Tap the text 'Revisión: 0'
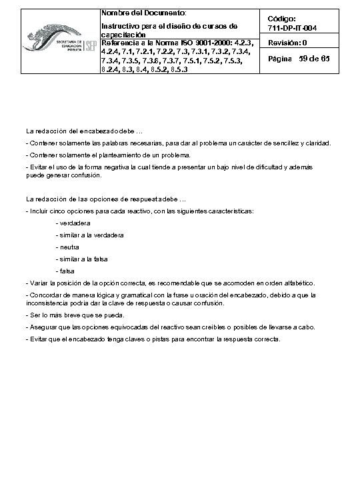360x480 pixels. point(287,43)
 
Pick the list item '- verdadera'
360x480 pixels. point(74,223)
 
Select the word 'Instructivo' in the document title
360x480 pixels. point(117,26)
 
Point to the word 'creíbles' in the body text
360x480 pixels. point(211,327)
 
